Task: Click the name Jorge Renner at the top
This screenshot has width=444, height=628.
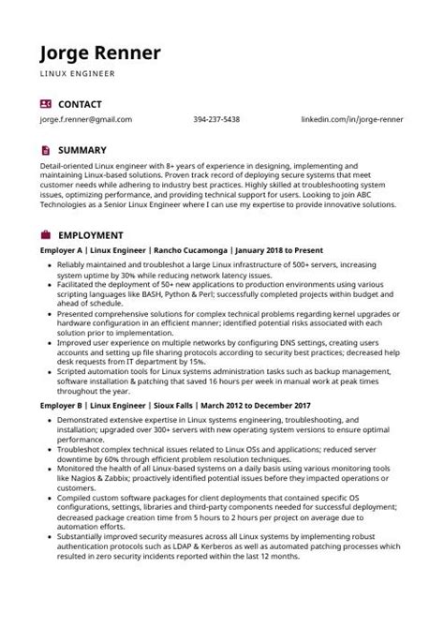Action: click(99, 52)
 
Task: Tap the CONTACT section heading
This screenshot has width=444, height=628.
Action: click(80, 104)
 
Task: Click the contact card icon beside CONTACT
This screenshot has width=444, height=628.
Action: click(46, 104)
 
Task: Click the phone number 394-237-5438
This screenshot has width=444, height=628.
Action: click(216, 120)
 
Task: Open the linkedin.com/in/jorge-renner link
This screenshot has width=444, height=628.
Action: click(351, 120)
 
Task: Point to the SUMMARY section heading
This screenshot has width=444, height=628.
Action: click(82, 150)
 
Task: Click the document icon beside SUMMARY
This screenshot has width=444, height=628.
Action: click(46, 150)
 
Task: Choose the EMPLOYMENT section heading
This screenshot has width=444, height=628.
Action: click(91, 235)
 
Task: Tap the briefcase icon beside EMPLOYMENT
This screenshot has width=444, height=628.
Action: click(46, 235)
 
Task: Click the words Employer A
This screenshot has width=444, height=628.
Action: click(63, 251)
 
